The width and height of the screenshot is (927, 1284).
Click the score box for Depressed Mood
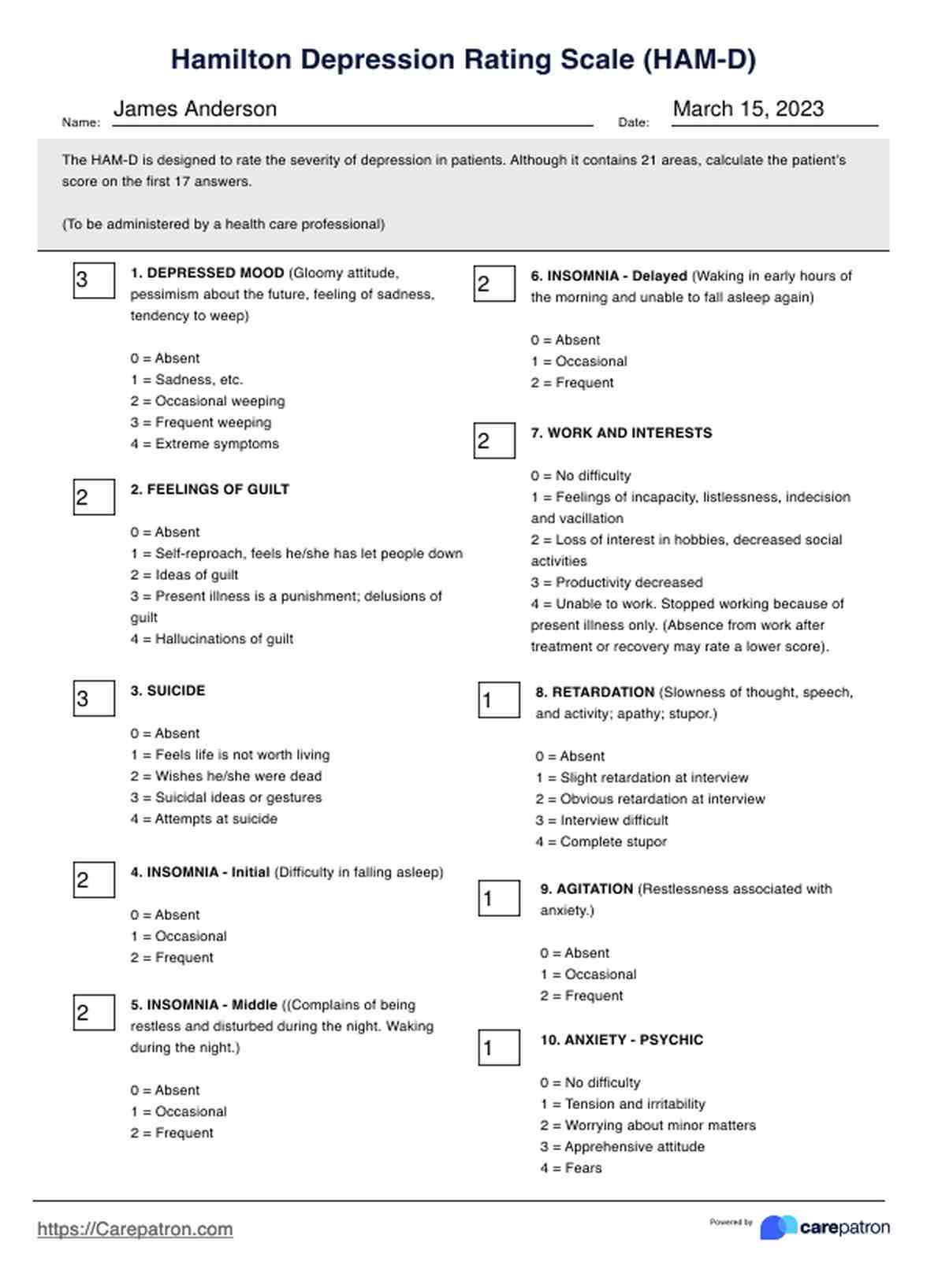pyautogui.click(x=94, y=280)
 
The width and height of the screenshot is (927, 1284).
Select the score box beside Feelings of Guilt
pyautogui.click(x=94, y=497)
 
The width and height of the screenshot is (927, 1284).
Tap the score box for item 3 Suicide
pyautogui.click(x=94, y=698)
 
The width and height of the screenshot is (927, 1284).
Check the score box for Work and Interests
pyautogui.click(x=494, y=440)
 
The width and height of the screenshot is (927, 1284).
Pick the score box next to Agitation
pyautogui.click(x=499, y=898)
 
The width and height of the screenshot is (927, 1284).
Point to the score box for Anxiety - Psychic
pyautogui.click(x=499, y=1048)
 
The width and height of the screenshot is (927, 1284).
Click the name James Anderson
pyautogui.click(x=195, y=109)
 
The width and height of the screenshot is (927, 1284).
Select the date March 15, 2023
pyautogui.click(x=748, y=109)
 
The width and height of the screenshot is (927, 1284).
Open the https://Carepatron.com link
pyautogui.click(x=135, y=1229)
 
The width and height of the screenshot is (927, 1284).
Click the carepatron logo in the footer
pyautogui.click(x=825, y=1227)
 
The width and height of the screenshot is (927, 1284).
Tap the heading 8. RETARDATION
pyautogui.click(x=594, y=692)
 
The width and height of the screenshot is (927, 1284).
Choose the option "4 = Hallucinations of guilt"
pyautogui.click(x=211, y=639)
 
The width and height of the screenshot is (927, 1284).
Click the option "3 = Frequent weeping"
pyautogui.click(x=200, y=422)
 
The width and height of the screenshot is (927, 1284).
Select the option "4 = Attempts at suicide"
pyautogui.click(x=203, y=818)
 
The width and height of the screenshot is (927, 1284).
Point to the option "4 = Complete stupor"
pyautogui.click(x=601, y=841)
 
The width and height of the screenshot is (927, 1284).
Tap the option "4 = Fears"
pyautogui.click(x=571, y=1167)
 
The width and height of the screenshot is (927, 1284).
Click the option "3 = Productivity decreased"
pyautogui.click(x=616, y=582)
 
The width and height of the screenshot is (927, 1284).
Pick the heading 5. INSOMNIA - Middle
pyautogui.click(x=203, y=1005)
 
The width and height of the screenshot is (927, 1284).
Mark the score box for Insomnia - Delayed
pyautogui.click(x=494, y=284)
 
